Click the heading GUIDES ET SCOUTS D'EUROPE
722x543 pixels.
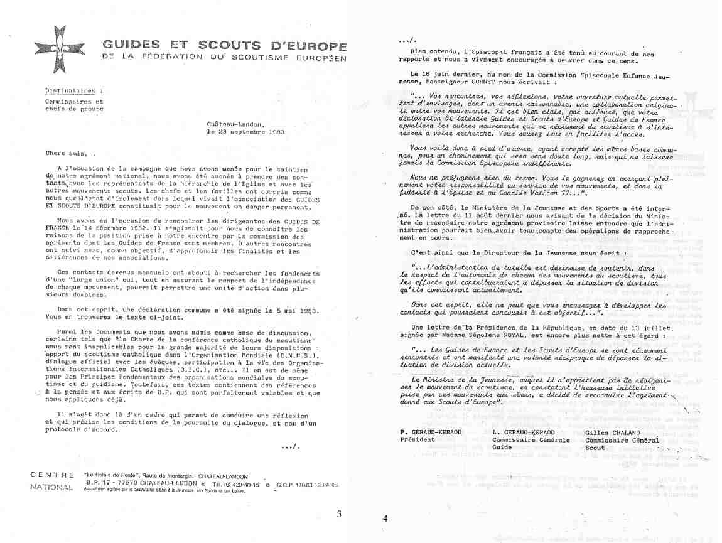click(224, 47)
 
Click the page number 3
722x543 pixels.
click(339, 514)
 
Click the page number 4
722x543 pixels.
click(385, 519)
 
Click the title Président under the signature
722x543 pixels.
click(418, 440)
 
